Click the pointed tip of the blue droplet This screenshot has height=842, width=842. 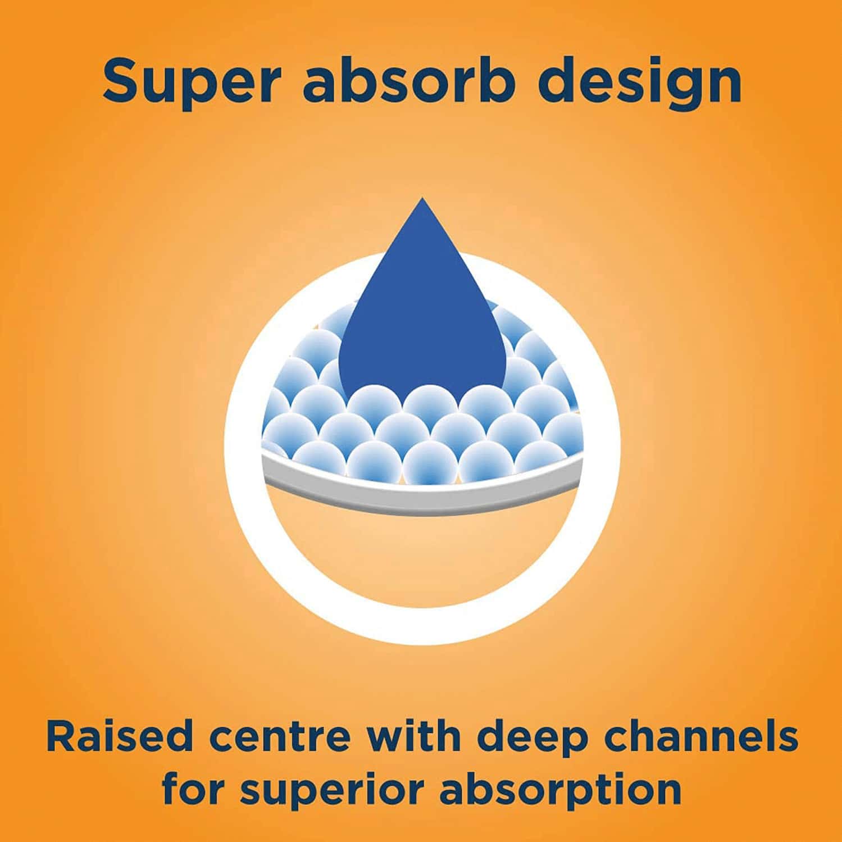pyautogui.click(x=422, y=198)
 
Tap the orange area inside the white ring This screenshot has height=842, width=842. pyautogui.click(x=421, y=556)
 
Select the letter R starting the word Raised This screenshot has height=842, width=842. pyautogui.click(x=62, y=736)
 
